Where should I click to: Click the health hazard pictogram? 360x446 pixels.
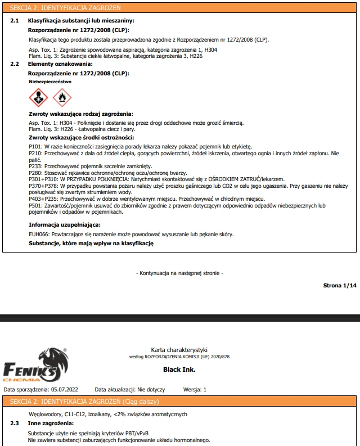click(x=38, y=98)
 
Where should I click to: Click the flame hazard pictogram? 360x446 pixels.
click(x=62, y=98)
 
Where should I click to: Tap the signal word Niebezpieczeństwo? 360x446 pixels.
click(x=50, y=82)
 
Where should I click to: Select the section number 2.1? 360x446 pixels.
click(x=15, y=21)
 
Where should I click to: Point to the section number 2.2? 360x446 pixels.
click(x=15, y=64)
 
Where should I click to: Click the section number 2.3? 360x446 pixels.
click(x=15, y=422)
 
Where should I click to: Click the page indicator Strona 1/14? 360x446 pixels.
click(x=340, y=286)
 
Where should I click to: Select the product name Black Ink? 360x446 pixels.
click(x=179, y=370)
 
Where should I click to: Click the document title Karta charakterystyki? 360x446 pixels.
click(x=179, y=350)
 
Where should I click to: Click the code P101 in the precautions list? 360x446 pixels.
click(x=35, y=146)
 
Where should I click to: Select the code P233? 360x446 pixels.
click(x=35, y=167)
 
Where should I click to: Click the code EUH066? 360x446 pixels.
click(x=38, y=234)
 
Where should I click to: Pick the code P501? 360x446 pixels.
click(x=35, y=206)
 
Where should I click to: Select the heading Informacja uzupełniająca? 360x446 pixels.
click(x=64, y=225)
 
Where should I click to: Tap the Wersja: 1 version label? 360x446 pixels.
click(x=195, y=389)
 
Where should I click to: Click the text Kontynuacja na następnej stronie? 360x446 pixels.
click(x=179, y=273)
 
